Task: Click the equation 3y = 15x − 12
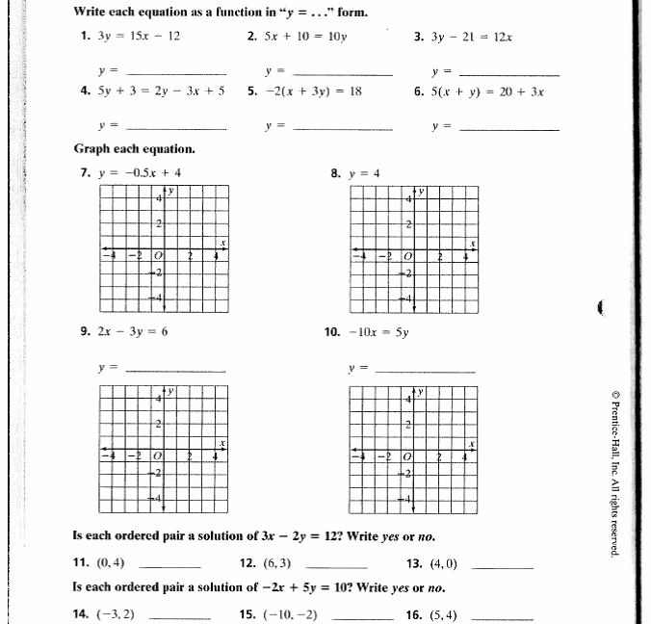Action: coord(139,37)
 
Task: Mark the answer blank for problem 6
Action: coord(509,127)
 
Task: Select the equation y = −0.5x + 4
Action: coord(139,173)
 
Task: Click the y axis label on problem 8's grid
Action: coord(421,192)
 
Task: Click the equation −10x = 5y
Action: coord(379,331)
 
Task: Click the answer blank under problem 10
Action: coord(424,370)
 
